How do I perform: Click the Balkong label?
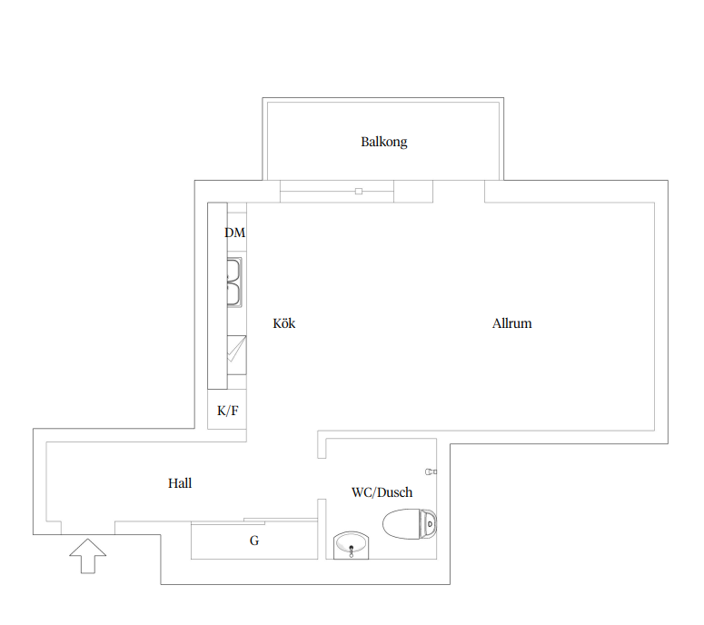coord(384,143)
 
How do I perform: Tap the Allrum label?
coord(511,323)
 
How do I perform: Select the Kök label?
coord(284,323)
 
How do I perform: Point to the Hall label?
coord(180,483)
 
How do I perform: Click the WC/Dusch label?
coord(382,492)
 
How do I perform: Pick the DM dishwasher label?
coord(234,233)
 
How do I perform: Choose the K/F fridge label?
coord(228,411)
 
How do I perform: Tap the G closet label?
coord(254,541)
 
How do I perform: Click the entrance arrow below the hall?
coord(87,556)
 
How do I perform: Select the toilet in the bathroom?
coord(410,524)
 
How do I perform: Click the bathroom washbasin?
coord(352,545)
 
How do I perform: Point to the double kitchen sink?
coord(234,282)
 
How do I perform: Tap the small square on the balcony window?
coord(359,192)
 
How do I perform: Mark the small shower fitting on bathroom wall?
coord(431,471)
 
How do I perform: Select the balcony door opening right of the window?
coord(459,192)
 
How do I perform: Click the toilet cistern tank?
coord(429,524)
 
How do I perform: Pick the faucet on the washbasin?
coord(352,550)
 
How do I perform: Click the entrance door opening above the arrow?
coord(88,528)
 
